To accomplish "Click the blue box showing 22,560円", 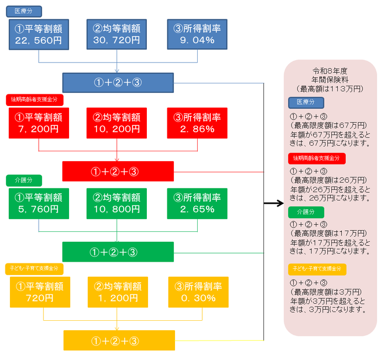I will click(39, 34).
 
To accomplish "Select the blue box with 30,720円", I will click(117, 34).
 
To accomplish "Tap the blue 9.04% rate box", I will click(197, 34).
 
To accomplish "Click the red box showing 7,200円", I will click(39, 123).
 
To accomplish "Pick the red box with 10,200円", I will click(117, 123).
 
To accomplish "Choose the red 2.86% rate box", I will click(197, 123).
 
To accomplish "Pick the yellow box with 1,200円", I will click(118, 292).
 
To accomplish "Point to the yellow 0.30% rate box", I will click(198, 292).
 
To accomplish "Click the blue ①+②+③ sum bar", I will click(118, 83).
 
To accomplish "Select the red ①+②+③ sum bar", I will click(118, 171).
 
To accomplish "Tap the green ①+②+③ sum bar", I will click(118, 252).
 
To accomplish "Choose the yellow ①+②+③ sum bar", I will click(119, 340).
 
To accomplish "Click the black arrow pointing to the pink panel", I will click(273, 204).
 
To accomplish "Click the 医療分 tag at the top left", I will click(24, 11).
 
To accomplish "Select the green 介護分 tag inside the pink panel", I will click(305, 212).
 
